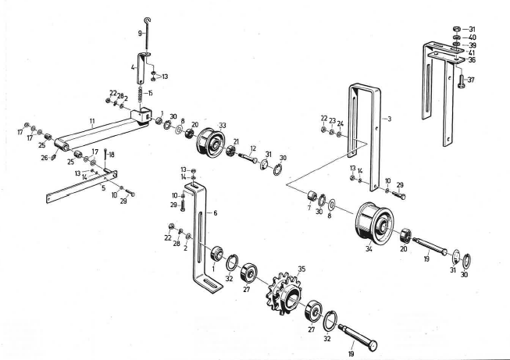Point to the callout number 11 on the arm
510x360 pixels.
[x=91, y=123]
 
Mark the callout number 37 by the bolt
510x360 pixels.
[x=472, y=79]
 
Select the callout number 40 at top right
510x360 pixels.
[x=472, y=37]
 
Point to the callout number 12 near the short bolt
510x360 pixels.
[x=253, y=148]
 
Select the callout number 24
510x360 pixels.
[x=341, y=122]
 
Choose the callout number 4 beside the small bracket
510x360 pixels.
[x=134, y=67]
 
